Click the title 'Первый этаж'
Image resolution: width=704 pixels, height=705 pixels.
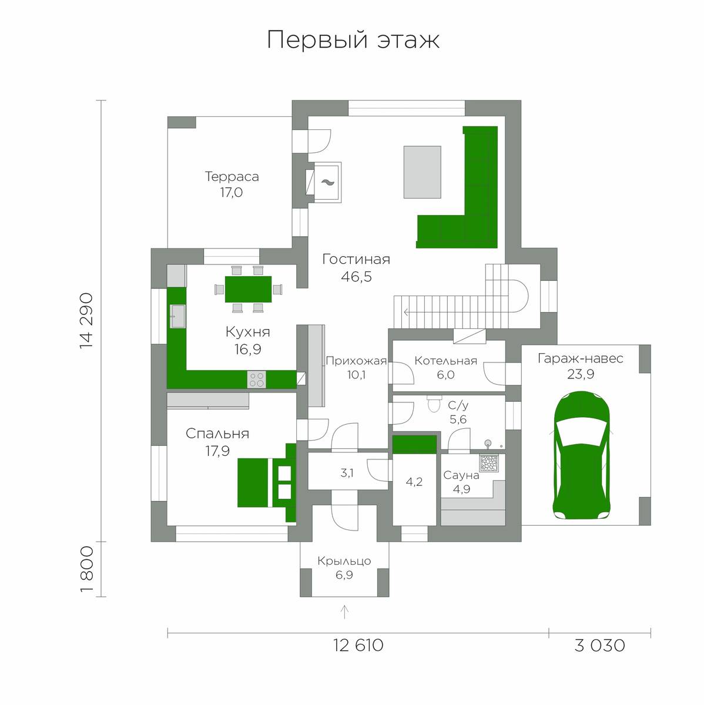click(x=353, y=41)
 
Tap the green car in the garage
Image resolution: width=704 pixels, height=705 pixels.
click(x=582, y=458)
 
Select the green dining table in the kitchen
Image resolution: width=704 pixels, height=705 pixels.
click(x=248, y=289)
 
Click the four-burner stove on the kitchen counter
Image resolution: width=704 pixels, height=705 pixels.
click(x=256, y=380)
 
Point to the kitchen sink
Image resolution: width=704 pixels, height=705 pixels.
click(x=177, y=316)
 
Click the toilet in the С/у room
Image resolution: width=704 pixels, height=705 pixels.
click(x=434, y=404)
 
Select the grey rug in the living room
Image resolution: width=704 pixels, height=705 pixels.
click(x=422, y=172)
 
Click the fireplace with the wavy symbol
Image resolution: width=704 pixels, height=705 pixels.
click(x=326, y=182)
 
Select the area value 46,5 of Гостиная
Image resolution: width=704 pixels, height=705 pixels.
click(x=356, y=277)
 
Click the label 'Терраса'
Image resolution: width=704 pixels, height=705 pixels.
click(x=232, y=176)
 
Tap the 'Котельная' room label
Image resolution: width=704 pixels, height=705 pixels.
click(x=445, y=361)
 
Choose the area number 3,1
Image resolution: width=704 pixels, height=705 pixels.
click(x=346, y=473)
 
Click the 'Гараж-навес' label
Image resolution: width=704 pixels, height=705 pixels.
click(x=581, y=358)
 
